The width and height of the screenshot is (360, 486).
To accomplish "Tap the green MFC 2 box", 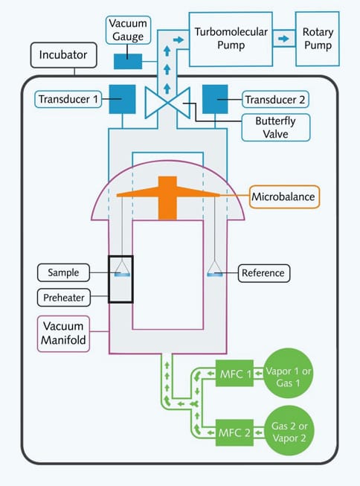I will [x=237, y=431].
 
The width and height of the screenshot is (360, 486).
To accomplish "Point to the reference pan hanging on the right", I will [x=215, y=272].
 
